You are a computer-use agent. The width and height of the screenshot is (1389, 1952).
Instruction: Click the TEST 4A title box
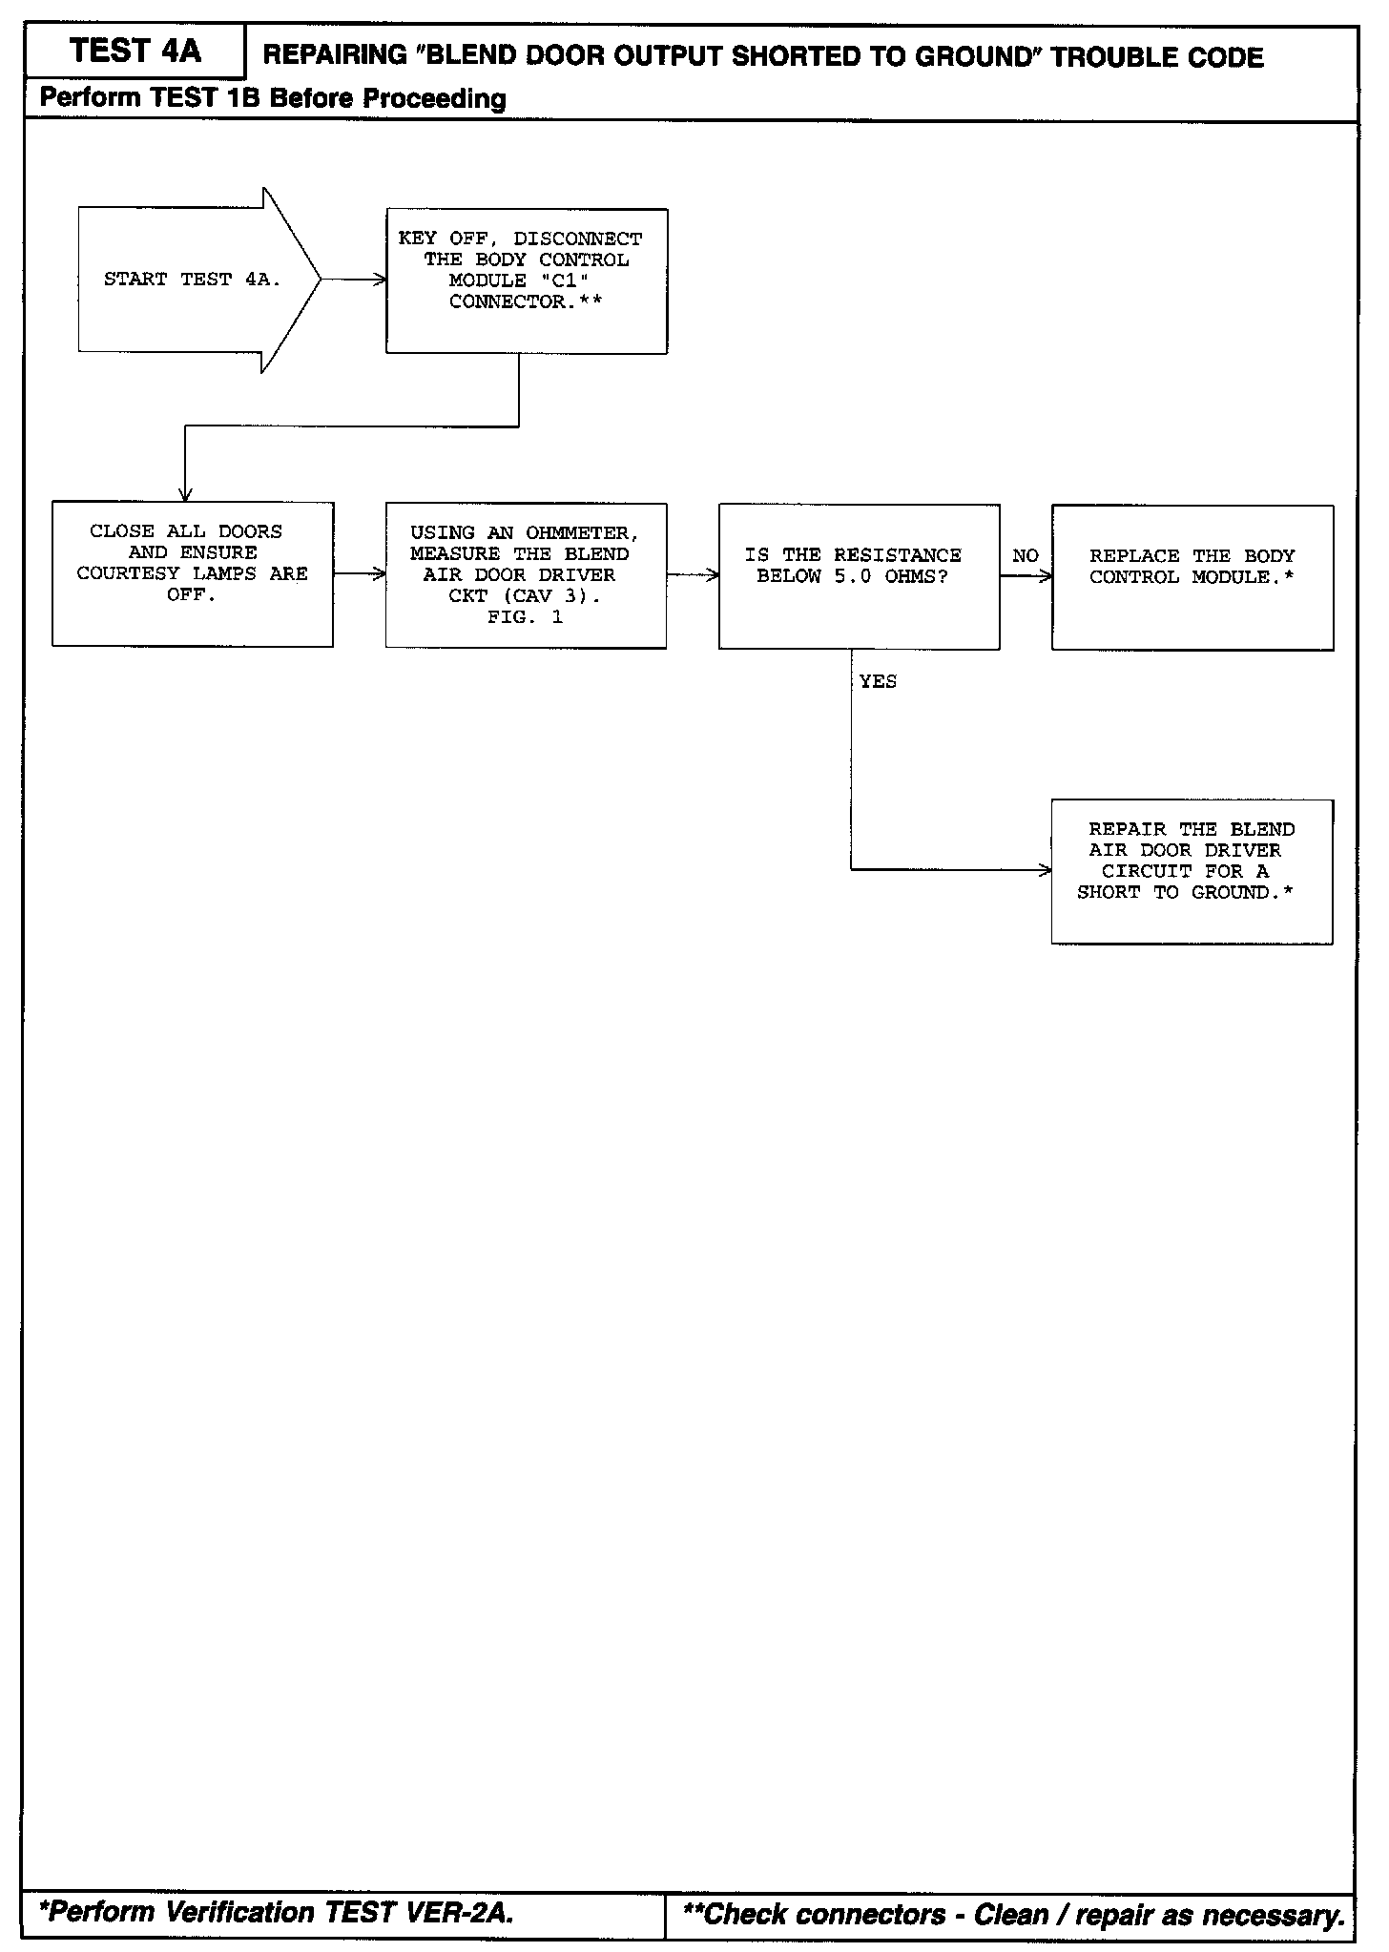(x=135, y=52)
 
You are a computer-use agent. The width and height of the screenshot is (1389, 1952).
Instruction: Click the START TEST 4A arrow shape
(x=191, y=280)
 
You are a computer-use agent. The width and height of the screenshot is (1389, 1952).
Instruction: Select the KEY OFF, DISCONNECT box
(x=527, y=281)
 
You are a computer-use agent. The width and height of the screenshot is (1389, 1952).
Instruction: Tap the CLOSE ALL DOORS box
(x=193, y=574)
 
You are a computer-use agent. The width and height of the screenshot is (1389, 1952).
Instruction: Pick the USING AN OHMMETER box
(x=526, y=576)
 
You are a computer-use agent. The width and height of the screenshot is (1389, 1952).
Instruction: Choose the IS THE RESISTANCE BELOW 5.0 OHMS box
(x=859, y=577)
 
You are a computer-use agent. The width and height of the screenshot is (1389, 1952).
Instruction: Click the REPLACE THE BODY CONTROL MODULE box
(x=1192, y=578)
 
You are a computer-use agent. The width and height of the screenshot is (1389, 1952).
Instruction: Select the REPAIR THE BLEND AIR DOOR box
(x=1192, y=871)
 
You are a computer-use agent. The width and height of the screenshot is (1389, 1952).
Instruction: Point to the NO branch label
(x=1026, y=556)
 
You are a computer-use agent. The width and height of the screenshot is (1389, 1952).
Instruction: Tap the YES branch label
(x=878, y=681)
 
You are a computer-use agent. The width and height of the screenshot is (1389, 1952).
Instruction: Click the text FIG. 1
(x=525, y=617)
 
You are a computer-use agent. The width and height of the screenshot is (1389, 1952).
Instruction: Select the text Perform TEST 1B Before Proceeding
(x=273, y=98)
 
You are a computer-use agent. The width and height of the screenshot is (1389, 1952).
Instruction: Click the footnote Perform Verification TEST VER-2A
(x=277, y=1912)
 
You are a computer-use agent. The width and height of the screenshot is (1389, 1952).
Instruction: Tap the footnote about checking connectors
(x=1015, y=1914)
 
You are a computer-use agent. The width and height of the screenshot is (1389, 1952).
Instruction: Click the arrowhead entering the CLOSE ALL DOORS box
(x=185, y=493)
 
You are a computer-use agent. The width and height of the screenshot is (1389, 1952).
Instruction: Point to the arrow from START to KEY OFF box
(x=353, y=280)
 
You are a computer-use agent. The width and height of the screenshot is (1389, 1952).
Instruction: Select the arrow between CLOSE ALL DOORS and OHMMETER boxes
(x=360, y=574)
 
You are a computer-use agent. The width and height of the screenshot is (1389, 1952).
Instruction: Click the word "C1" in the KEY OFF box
(x=570, y=280)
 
